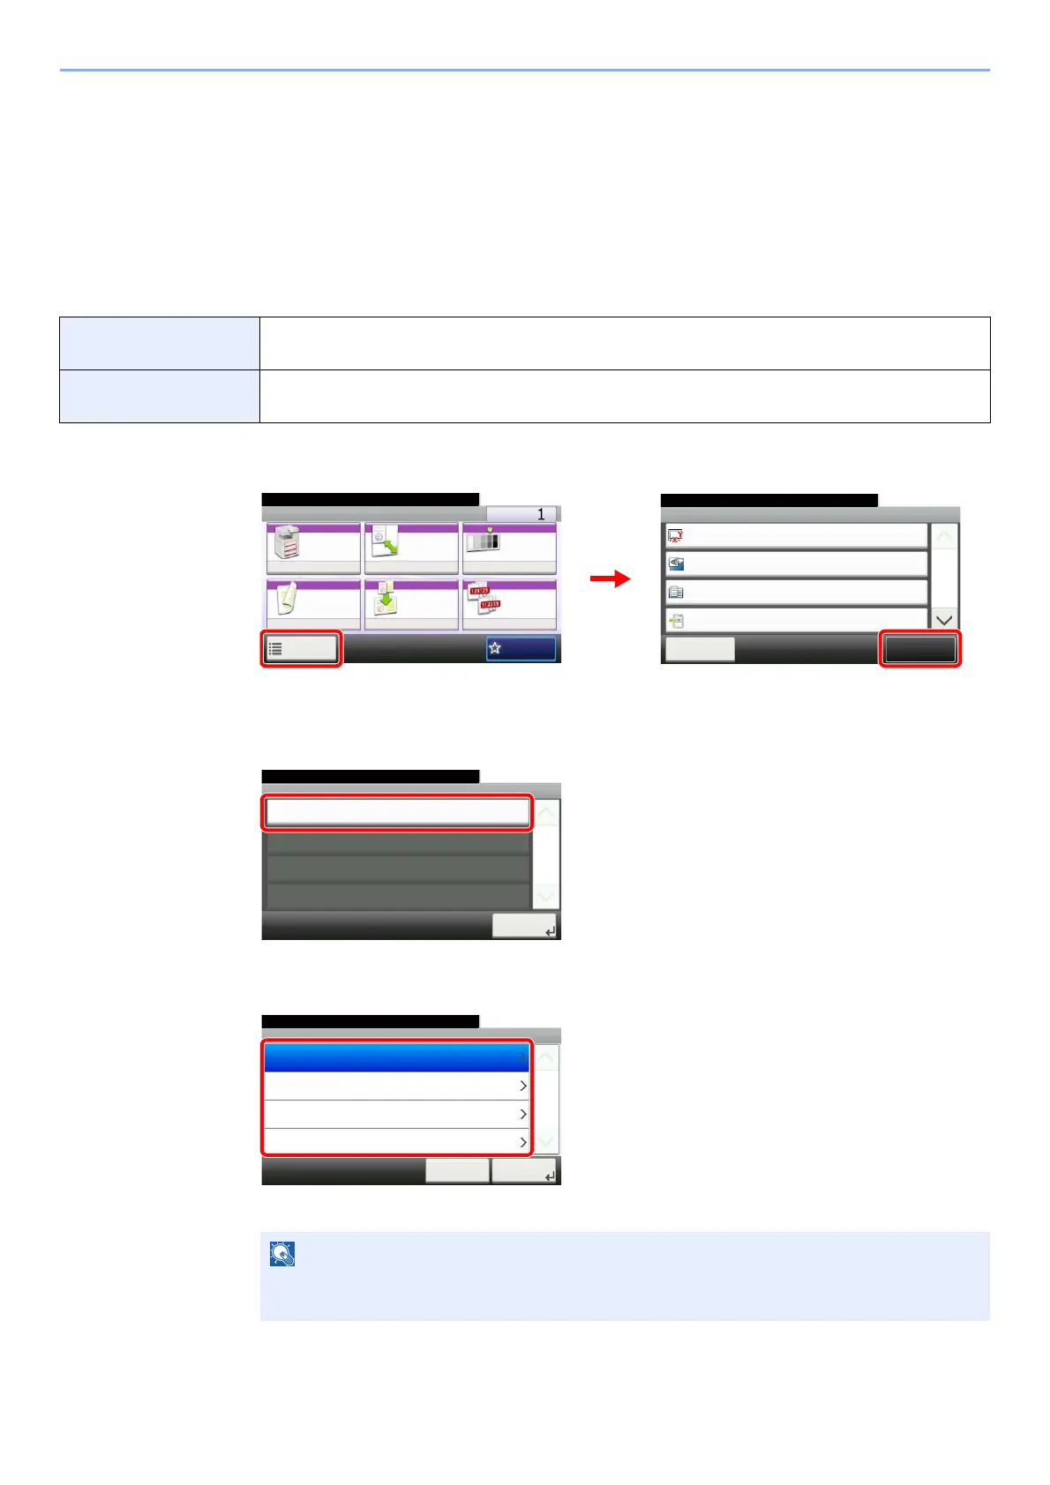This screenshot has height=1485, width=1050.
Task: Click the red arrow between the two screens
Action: (611, 578)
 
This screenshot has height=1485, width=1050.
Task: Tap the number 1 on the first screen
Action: (541, 514)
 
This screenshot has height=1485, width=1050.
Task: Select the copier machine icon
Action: (289, 542)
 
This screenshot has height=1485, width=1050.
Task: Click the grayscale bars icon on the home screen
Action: (483, 539)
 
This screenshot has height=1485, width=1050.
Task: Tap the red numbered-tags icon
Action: (484, 598)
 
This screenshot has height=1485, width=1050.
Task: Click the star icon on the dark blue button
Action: (495, 648)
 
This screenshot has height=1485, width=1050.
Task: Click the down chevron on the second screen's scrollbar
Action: (944, 620)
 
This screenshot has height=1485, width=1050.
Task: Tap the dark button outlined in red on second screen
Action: (919, 649)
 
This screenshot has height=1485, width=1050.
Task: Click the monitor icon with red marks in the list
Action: (676, 536)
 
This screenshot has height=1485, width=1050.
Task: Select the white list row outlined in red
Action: (397, 812)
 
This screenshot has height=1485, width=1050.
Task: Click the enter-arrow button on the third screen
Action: (524, 926)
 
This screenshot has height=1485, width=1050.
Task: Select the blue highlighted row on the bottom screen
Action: (396, 1057)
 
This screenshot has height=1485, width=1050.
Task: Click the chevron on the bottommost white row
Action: (522, 1142)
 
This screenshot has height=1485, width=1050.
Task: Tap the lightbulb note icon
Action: (282, 1254)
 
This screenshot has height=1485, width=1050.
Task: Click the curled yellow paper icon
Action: (287, 598)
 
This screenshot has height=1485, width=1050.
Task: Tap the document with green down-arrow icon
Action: (386, 599)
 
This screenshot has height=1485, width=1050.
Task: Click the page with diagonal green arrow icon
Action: (386, 541)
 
